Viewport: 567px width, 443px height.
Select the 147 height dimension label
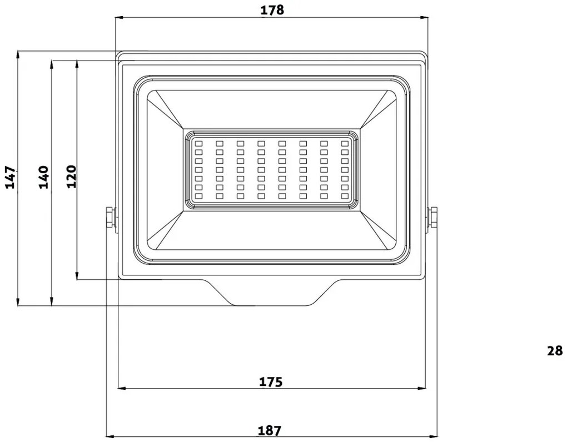pyautogui.click(x=11, y=177)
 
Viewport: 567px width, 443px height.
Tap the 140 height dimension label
pyautogui.click(x=44, y=177)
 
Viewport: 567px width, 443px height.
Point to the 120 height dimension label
pyautogui.click(x=71, y=177)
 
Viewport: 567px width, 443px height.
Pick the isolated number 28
pyautogui.click(x=554, y=351)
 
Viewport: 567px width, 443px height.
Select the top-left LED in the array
pyautogui.click(x=198, y=143)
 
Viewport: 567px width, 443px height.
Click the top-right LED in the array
pyautogui.click(x=345, y=143)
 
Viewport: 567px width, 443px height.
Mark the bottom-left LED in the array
pyautogui.click(x=198, y=196)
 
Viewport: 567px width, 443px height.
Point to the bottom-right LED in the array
pyautogui.click(x=345, y=196)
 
